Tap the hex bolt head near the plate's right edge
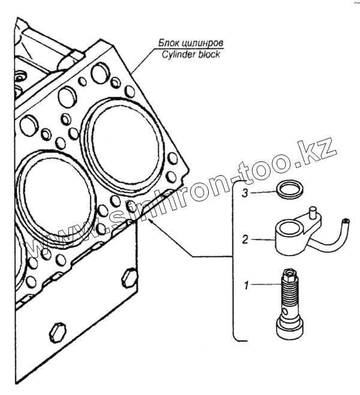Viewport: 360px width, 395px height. [128, 277]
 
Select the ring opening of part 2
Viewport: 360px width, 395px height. [286, 228]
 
